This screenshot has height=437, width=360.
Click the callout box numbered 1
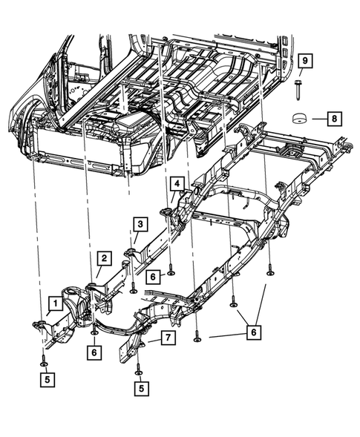(54, 303)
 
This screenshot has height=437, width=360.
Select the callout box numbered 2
(105, 258)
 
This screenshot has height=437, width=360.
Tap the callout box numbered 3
(140, 223)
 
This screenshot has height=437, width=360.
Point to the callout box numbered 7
(168, 339)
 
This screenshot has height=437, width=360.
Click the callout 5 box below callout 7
(140, 387)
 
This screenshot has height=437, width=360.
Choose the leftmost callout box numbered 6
(95, 352)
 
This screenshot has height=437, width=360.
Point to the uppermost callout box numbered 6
(151, 276)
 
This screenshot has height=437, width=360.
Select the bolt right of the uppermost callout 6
(171, 270)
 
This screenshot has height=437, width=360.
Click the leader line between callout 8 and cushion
(318, 117)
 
